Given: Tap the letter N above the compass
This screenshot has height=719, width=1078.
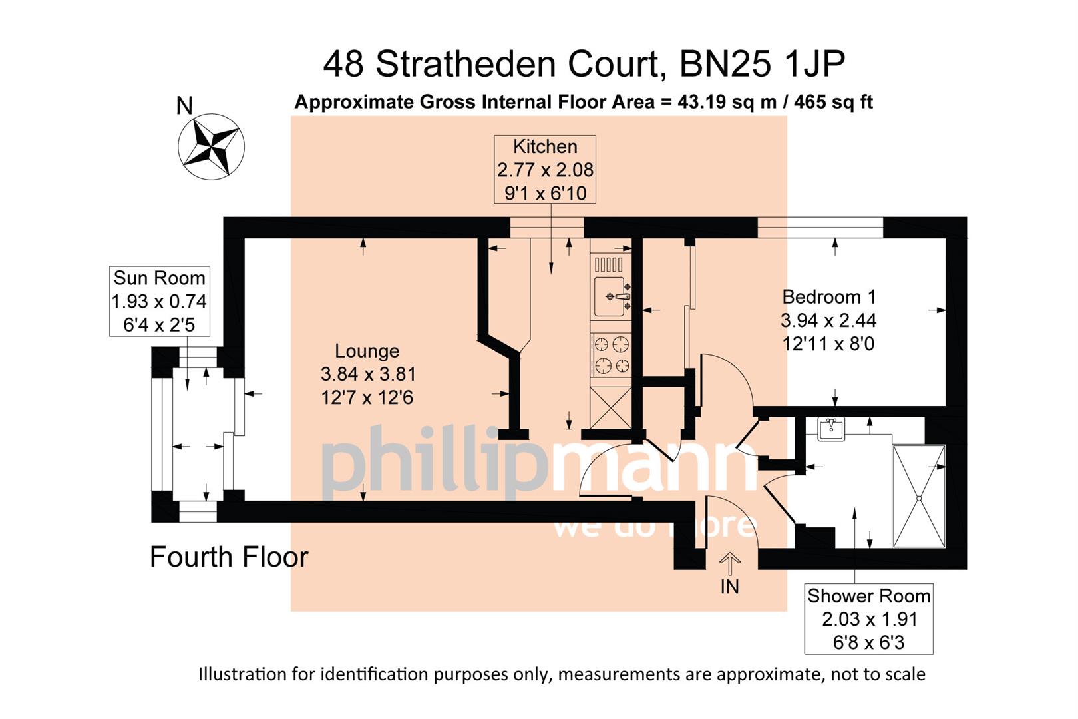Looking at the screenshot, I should tap(184, 105).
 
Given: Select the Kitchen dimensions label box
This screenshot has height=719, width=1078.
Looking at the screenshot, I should tap(544, 170).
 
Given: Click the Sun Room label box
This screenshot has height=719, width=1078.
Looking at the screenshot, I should tap(159, 301).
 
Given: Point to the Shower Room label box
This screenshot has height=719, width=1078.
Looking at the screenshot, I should tap(868, 619).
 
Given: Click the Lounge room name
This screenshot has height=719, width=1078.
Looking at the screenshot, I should tap(367, 351).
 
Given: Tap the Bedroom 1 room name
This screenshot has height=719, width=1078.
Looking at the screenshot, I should tap(828, 297).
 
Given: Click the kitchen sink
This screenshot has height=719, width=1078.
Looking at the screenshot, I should tap(610, 296).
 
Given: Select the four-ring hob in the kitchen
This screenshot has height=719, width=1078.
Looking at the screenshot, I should tap(611, 354).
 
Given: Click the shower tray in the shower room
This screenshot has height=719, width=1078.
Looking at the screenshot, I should tap(918, 496).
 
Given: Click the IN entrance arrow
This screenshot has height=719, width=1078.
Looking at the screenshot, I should tap(730, 564).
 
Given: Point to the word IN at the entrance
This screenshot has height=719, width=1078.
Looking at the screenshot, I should tap(730, 587).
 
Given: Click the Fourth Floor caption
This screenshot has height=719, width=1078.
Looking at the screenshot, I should tap(229, 557).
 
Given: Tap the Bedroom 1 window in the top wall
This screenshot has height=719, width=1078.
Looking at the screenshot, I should tap(820, 227).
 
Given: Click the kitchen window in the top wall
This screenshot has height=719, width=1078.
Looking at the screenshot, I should tap(546, 227).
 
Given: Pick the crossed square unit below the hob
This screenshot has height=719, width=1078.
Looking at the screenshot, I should tap(610, 407).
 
